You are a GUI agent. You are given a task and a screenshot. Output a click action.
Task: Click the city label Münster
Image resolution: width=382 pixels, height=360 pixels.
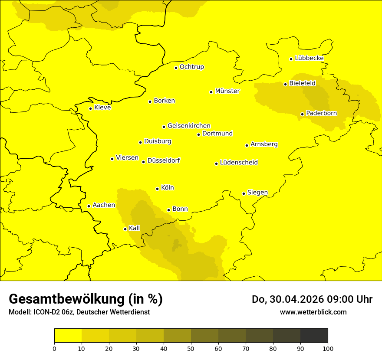pyautogui.click(x=227, y=91)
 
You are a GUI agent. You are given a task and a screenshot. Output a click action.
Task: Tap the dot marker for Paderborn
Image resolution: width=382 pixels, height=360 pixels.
pyautogui.click(x=302, y=114)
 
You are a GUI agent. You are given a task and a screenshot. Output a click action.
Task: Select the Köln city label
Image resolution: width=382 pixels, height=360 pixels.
pyautogui.click(x=168, y=188)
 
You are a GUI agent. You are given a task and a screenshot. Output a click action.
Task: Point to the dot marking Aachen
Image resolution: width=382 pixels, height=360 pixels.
pyautogui.click(x=89, y=206)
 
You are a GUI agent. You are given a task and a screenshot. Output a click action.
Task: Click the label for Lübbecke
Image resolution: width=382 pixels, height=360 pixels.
pyautogui.click(x=309, y=58)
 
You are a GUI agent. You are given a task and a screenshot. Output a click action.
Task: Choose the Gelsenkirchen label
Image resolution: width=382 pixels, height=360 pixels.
pyautogui.click(x=189, y=126)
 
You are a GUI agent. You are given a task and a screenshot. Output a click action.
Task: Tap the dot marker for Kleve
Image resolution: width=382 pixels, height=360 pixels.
pyautogui.click(x=90, y=108)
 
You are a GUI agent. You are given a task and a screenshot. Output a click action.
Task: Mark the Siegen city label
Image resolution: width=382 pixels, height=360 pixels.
pyautogui.click(x=257, y=193)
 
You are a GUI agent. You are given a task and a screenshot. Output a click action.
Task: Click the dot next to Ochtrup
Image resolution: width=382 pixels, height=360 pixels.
pyautogui.click(x=176, y=68)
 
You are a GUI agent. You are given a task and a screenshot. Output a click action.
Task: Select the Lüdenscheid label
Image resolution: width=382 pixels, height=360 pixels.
pyautogui.click(x=239, y=163)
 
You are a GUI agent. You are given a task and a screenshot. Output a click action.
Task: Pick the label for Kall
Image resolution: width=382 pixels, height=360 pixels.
pyautogui.click(x=135, y=228)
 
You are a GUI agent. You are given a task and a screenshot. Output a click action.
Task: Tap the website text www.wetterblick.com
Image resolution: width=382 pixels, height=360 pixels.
pyautogui.click(x=313, y=312)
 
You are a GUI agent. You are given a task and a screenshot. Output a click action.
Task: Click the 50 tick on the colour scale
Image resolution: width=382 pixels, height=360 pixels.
pyautogui.click(x=191, y=348)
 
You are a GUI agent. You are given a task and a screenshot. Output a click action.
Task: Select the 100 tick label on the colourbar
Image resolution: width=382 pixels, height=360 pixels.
pyautogui.click(x=328, y=348)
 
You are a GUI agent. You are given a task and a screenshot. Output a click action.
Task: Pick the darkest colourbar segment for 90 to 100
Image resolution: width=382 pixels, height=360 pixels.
pyautogui.click(x=314, y=335)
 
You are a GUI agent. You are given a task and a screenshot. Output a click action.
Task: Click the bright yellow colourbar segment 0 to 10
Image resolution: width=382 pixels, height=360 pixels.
pyautogui.click(x=68, y=335)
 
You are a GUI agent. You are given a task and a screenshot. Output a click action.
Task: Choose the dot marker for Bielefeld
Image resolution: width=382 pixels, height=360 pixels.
pyautogui.click(x=285, y=84)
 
